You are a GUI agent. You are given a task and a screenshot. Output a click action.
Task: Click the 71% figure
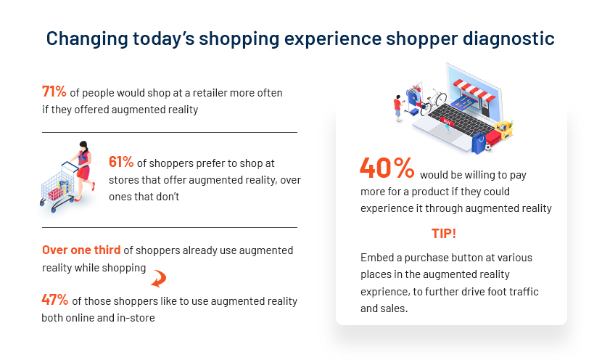coord(54,92)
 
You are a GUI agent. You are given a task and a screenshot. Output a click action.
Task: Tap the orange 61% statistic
coord(121,162)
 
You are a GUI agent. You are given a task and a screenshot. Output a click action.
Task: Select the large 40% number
coord(387,168)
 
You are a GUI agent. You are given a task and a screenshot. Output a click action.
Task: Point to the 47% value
coord(55,300)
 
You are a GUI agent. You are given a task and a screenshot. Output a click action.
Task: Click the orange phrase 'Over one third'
coord(81,250)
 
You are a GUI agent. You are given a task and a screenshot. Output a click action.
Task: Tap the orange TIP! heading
coord(444,234)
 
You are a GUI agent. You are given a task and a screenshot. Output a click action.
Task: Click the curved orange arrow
coord(159,279)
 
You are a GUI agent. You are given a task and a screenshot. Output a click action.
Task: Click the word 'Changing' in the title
coord(87,38)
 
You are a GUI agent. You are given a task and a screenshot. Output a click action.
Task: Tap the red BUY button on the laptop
coord(447,121)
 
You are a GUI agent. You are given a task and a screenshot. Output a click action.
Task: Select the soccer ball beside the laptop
coord(488,147)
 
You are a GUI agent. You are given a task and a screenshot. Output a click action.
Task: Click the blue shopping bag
coord(479,143)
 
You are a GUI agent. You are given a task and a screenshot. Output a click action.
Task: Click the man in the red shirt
coord(397,108)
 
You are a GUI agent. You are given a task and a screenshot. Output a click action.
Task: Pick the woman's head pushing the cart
coord(83,147)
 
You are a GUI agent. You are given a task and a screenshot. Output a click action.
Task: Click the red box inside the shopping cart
coord(56,194)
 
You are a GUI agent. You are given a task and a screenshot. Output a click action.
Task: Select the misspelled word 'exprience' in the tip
coord(384,292)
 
